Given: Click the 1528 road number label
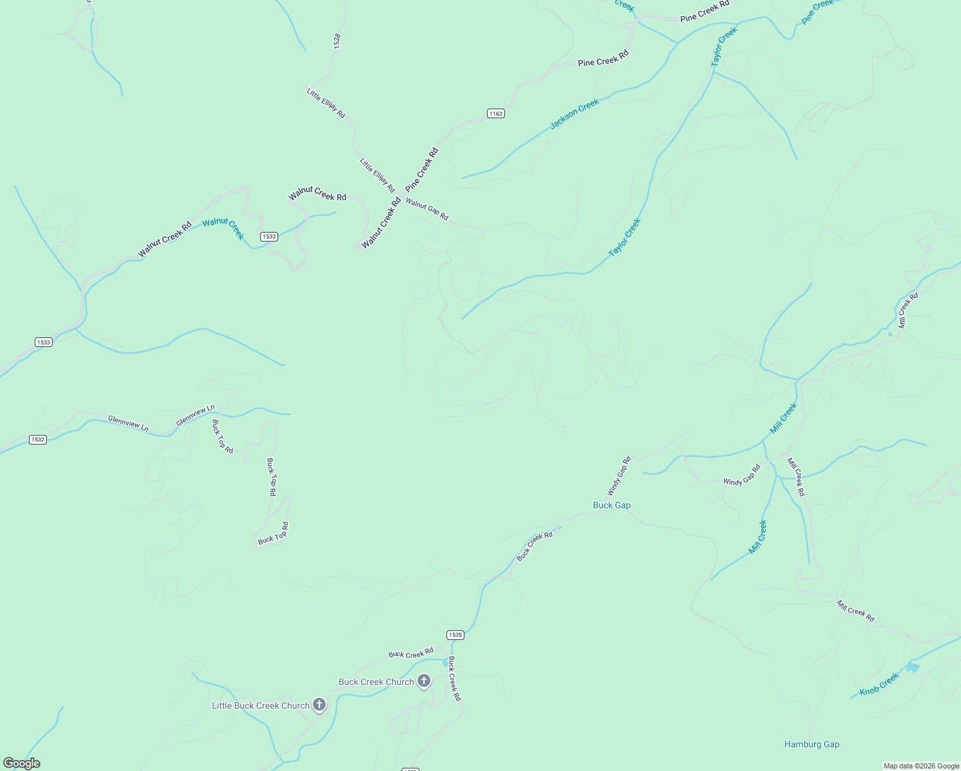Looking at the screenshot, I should pyautogui.click(x=337, y=40).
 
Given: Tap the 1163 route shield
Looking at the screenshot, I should pyautogui.click(x=495, y=114).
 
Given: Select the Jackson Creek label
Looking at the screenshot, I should pyautogui.click(x=574, y=114).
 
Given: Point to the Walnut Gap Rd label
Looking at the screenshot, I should pyautogui.click(x=427, y=209).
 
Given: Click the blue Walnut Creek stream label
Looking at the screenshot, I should pyautogui.click(x=224, y=228).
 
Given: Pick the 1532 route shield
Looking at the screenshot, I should pyautogui.click(x=38, y=439).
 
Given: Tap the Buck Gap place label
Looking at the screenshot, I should pyautogui.click(x=612, y=505).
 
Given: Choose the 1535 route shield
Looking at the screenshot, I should pyautogui.click(x=455, y=635).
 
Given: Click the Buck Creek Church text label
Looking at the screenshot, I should pyautogui.click(x=376, y=682).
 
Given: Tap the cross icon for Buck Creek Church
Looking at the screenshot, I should pyautogui.click(x=423, y=680).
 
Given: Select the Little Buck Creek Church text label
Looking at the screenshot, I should pyautogui.click(x=261, y=705).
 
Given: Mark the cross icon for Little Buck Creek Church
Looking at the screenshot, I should pyautogui.click(x=319, y=705).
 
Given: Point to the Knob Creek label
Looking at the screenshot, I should pyautogui.click(x=879, y=685).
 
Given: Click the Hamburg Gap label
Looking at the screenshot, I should pyautogui.click(x=811, y=744).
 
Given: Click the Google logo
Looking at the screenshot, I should pyautogui.click(x=21, y=763).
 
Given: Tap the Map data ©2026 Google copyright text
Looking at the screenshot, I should pyautogui.click(x=921, y=766).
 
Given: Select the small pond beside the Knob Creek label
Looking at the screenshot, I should pyautogui.click(x=912, y=668).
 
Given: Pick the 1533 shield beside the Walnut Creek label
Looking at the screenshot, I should pyautogui.click(x=269, y=236).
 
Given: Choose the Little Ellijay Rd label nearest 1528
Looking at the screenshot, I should pyautogui.click(x=326, y=103).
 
